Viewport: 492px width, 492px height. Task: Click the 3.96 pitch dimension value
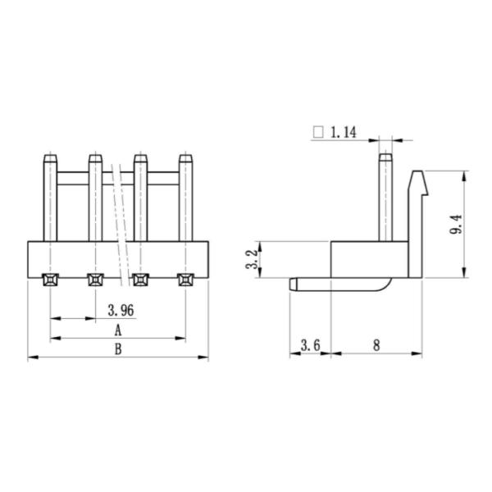coord(121,310)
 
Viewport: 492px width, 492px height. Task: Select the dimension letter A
coord(117,330)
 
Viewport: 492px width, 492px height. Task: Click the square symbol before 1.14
coord(319,132)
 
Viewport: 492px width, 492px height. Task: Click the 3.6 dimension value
coord(310,345)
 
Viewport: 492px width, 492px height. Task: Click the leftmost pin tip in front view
coord(50,158)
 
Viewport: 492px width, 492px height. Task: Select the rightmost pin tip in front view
coord(185,158)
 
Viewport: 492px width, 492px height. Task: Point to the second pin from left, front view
coord(95,197)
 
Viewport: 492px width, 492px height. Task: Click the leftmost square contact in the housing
coord(50,280)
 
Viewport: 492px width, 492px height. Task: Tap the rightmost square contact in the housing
coord(185,280)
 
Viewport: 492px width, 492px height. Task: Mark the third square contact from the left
coord(140,280)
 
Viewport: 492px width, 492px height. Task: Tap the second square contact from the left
coord(95,280)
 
